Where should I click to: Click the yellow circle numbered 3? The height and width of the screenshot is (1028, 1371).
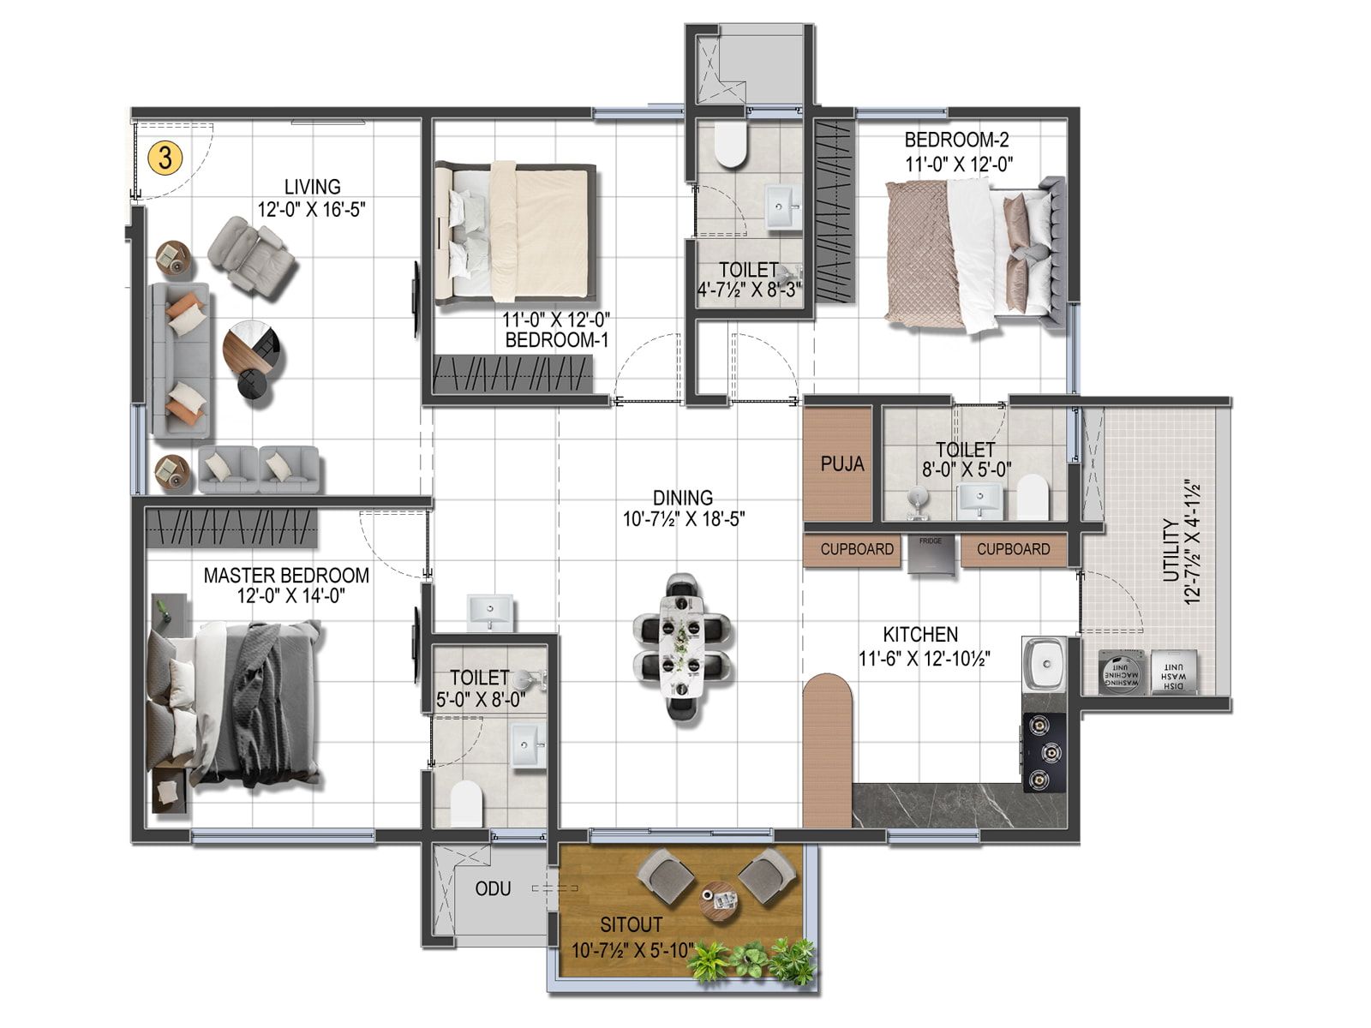coord(165,158)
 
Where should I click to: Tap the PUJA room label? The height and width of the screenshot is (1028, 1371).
coord(842,464)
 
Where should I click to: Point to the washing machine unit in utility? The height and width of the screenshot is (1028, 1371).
coord(1122,672)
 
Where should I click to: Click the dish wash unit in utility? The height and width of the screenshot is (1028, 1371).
coord(1173,672)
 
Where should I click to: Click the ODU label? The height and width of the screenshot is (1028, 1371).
coord(493,889)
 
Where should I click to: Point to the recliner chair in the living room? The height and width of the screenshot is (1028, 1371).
coord(253,256)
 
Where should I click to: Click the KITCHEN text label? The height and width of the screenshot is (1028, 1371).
coord(920,635)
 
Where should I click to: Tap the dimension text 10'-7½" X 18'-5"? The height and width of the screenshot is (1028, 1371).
coord(684,519)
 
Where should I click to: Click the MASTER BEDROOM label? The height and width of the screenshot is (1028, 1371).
coord(286,576)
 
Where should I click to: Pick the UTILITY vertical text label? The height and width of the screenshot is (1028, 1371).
coord(1170,550)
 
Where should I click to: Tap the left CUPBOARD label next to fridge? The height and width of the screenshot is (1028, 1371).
coord(856,550)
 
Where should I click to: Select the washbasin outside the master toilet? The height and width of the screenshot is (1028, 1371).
coord(491,612)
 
